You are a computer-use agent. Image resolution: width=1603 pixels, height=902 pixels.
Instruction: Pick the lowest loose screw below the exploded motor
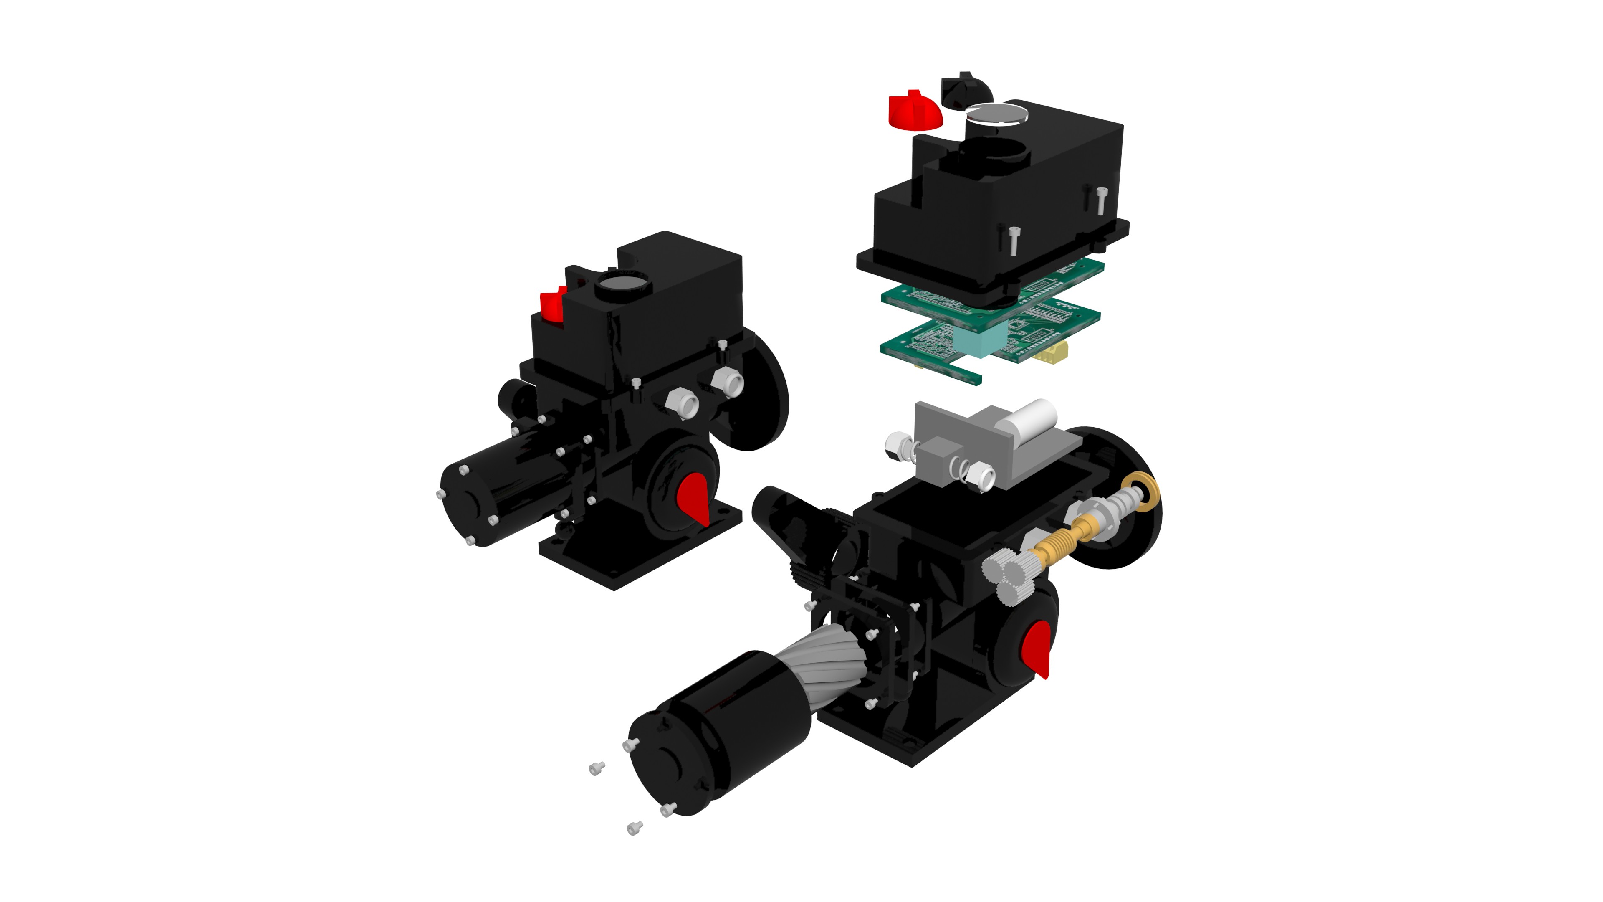coord(634,828)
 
